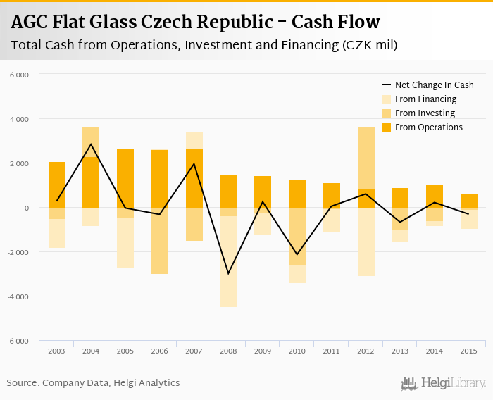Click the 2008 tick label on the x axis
[228, 351]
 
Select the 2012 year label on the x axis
[366, 351]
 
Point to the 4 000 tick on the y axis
[18, 119]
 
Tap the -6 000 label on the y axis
[17, 341]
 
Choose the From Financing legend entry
[425, 99]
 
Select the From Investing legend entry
[425, 113]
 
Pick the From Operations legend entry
[429, 127]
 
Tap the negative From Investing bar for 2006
[160, 240]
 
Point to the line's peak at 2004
[92, 144]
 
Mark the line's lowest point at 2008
[228, 273]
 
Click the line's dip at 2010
[297, 254]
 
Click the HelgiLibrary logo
[444, 383]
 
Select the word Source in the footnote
[23, 383]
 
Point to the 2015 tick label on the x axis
[469, 351]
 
